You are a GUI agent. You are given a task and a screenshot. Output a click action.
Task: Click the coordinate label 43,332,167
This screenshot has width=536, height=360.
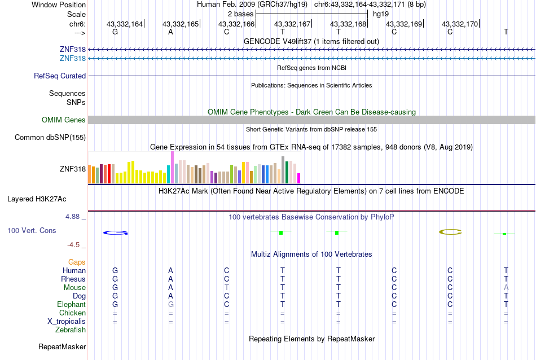pyautogui.click(x=292, y=24)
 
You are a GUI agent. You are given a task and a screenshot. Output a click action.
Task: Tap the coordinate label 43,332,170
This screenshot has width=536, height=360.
pyautogui.click(x=460, y=24)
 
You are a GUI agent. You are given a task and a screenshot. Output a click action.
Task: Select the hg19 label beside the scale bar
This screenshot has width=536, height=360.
pyautogui.click(x=380, y=14)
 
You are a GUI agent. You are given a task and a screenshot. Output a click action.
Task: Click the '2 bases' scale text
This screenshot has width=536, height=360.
pyautogui.click(x=240, y=14)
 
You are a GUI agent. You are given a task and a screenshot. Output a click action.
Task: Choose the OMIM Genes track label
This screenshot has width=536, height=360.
pyautogui.click(x=64, y=120)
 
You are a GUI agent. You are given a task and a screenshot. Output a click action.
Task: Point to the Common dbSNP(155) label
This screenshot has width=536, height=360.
pyautogui.click(x=50, y=137)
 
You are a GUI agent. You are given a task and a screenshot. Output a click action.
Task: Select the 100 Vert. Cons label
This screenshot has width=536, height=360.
pyautogui.click(x=32, y=230)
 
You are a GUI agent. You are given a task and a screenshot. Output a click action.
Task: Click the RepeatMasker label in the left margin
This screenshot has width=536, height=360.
pyautogui.click(x=62, y=346)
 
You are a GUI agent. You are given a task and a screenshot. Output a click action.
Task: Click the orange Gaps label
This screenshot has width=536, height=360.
pyautogui.click(x=77, y=262)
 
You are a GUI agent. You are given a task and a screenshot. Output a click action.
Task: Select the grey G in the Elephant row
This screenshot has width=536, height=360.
pyautogui.click(x=170, y=304)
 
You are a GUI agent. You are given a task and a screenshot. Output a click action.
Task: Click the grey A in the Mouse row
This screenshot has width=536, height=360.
pyautogui.click(x=506, y=287)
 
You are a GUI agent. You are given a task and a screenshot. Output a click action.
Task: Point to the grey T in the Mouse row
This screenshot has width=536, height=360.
pyautogui.click(x=226, y=287)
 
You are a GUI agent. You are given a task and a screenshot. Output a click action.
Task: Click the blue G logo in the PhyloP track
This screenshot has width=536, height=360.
pyautogui.click(x=115, y=232)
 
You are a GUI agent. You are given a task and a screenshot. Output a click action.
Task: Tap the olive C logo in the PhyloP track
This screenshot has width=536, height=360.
pyautogui.click(x=450, y=231)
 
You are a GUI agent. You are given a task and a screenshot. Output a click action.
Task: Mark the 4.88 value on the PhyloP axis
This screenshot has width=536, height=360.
pyautogui.click(x=74, y=216)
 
